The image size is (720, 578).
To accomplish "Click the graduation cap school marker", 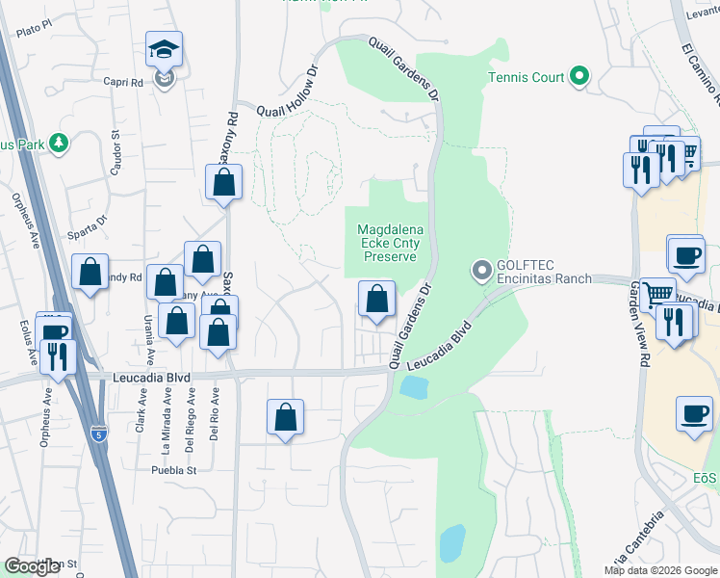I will click(x=165, y=50).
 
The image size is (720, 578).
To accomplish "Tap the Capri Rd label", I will click(x=123, y=82).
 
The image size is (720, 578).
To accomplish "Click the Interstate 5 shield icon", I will click(x=98, y=434).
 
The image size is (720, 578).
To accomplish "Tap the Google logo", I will click(x=32, y=566).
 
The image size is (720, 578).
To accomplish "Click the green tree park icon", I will click(x=59, y=144).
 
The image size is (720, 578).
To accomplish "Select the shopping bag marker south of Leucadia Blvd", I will click(x=285, y=418).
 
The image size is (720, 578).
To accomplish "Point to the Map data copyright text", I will click(x=660, y=570).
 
